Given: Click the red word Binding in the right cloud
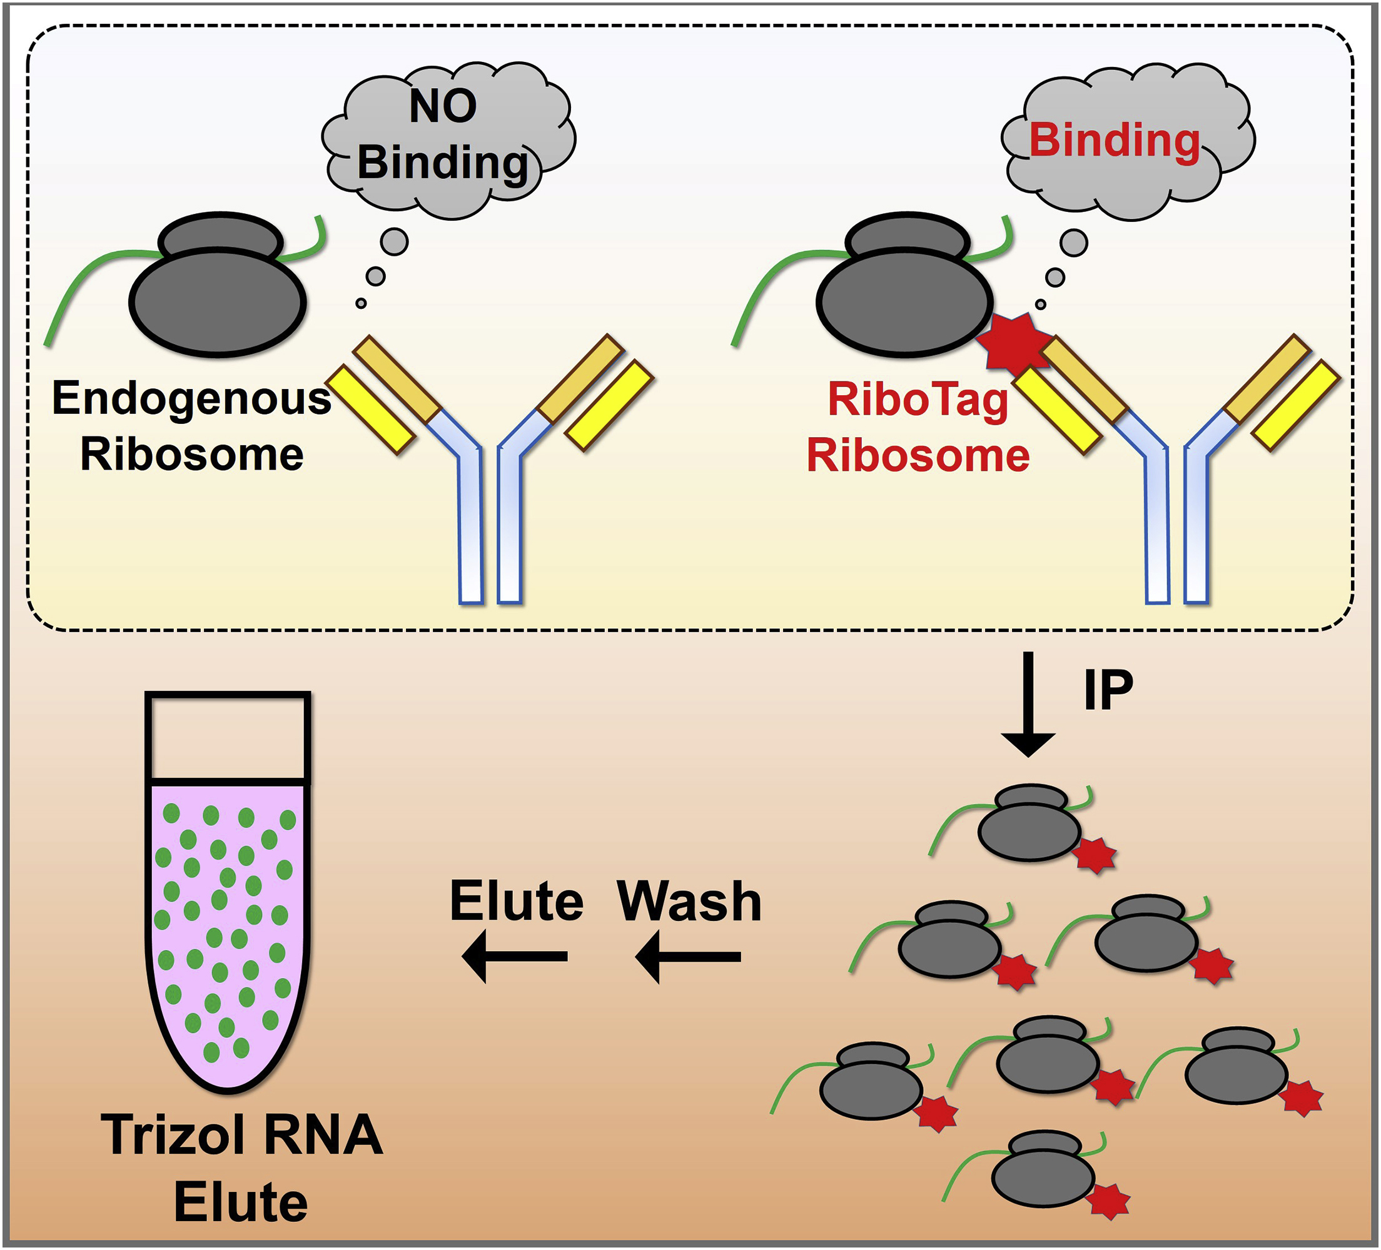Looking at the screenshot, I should click(1114, 141).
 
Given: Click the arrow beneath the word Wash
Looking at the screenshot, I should click(688, 956).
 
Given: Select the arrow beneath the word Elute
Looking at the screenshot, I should click(515, 956).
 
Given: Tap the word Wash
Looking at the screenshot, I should click(689, 901).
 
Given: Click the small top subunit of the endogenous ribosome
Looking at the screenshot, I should click(220, 239).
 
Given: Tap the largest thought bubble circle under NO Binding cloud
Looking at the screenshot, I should click(394, 241).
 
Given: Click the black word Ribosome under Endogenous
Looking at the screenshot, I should click(192, 455).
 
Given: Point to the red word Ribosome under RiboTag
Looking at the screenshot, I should click(918, 456).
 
